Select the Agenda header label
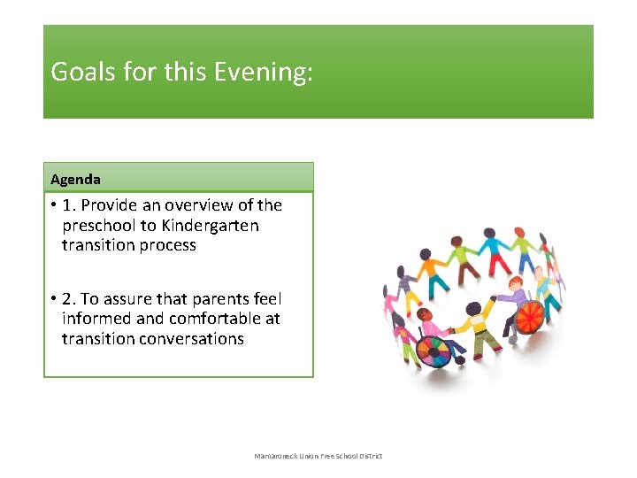pos(75,179)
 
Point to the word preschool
pos(98,226)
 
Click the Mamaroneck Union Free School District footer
pos(318,456)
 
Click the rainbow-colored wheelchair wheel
pos(434,351)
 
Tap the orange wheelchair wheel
pos(530,317)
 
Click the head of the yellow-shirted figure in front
pos(474,309)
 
